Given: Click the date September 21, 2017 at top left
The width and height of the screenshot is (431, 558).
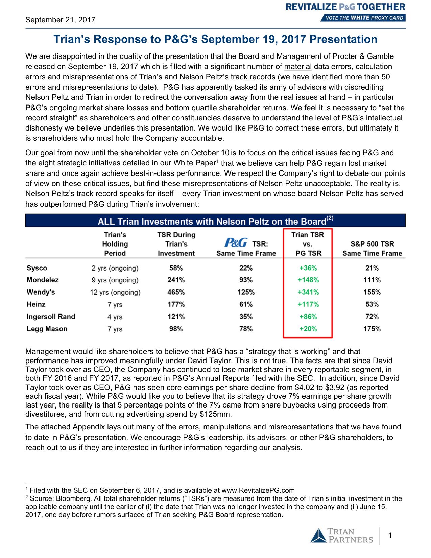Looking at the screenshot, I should (60, 20).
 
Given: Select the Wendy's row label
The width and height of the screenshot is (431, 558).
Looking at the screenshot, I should (41, 292).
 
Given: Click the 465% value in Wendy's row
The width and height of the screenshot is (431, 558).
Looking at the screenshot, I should (176, 292).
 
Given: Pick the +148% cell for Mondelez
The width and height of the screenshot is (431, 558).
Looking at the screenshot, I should (308, 280).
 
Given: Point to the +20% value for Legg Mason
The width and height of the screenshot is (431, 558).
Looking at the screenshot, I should (308, 329).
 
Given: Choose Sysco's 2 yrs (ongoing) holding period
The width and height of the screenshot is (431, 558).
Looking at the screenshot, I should (115, 268).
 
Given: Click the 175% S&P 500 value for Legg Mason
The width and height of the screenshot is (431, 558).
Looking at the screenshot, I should (372, 329).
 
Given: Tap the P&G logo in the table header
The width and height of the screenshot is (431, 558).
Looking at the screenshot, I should (236, 243).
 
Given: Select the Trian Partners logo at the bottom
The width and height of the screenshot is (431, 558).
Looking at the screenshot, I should (342, 536).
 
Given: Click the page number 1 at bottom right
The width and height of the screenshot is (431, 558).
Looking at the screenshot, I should (390, 535).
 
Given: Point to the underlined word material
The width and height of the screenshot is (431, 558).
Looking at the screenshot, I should (297, 67).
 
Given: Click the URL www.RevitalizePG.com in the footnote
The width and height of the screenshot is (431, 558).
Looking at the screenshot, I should (258, 490).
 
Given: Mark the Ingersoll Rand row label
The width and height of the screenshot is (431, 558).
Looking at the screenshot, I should (51, 317).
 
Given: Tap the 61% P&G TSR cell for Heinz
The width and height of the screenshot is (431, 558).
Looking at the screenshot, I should (246, 304).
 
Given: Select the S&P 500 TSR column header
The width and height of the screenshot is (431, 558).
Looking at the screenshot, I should (372, 249).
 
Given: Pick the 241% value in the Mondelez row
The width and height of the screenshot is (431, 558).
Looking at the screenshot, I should (176, 280).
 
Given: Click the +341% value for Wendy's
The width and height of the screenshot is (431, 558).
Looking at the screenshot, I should (308, 292).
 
